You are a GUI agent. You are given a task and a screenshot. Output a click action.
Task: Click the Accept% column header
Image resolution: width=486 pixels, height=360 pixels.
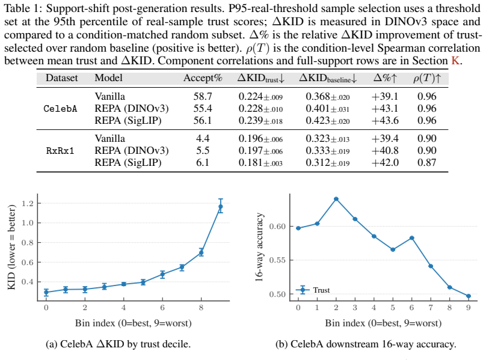pyautogui.click(x=203, y=78)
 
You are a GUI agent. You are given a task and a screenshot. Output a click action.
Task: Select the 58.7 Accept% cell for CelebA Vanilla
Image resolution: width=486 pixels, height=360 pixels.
pyautogui.click(x=203, y=96)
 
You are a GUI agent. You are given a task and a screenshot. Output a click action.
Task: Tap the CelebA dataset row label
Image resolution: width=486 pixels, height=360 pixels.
pyautogui.click(x=60, y=108)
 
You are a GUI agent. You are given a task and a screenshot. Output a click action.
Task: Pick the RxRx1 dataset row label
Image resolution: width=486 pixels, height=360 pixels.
pyautogui.click(x=60, y=151)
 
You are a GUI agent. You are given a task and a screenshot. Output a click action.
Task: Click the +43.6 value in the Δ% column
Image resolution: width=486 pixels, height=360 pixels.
pyautogui.click(x=385, y=120)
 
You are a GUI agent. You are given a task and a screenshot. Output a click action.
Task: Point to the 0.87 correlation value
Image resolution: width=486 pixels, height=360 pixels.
pyautogui.click(x=427, y=162)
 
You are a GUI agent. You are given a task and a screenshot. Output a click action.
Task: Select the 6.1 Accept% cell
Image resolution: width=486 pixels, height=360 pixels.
pyautogui.click(x=203, y=162)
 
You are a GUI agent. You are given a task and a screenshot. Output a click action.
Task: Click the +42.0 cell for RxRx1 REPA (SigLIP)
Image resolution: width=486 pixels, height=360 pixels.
pyautogui.click(x=385, y=162)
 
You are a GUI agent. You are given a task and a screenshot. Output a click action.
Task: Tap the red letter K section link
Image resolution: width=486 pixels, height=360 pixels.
pyautogui.click(x=455, y=61)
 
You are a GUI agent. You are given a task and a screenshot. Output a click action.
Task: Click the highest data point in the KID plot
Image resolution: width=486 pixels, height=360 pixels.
pyautogui.click(x=220, y=206)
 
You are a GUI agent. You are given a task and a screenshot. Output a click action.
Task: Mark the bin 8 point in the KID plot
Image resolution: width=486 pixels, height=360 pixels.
pyautogui.click(x=201, y=252)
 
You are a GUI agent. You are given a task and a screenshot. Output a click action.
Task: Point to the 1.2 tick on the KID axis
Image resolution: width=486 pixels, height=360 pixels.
pyautogui.click(x=27, y=204)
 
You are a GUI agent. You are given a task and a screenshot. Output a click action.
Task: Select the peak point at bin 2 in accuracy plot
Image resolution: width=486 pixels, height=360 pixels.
pyautogui.click(x=336, y=199)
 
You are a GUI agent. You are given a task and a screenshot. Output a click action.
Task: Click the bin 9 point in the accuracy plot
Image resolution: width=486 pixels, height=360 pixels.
pyautogui.click(x=469, y=296)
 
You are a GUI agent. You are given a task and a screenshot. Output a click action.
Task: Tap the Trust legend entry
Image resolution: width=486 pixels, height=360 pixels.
pyautogui.click(x=313, y=290)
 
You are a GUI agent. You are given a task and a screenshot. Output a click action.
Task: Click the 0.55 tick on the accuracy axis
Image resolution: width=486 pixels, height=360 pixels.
pyautogui.click(x=277, y=260)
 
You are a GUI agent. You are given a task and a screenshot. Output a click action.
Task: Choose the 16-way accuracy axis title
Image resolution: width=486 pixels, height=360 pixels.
pyautogui.click(x=259, y=247)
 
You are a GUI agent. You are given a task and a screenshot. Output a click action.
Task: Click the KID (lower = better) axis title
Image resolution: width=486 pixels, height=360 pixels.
pyautogui.click(x=11, y=247)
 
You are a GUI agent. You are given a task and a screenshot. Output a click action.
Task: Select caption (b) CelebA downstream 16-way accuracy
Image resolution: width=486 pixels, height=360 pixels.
pyautogui.click(x=366, y=344)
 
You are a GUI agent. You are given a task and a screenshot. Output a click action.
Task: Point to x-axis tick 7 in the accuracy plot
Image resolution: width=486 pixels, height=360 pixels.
pyautogui.click(x=431, y=308)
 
